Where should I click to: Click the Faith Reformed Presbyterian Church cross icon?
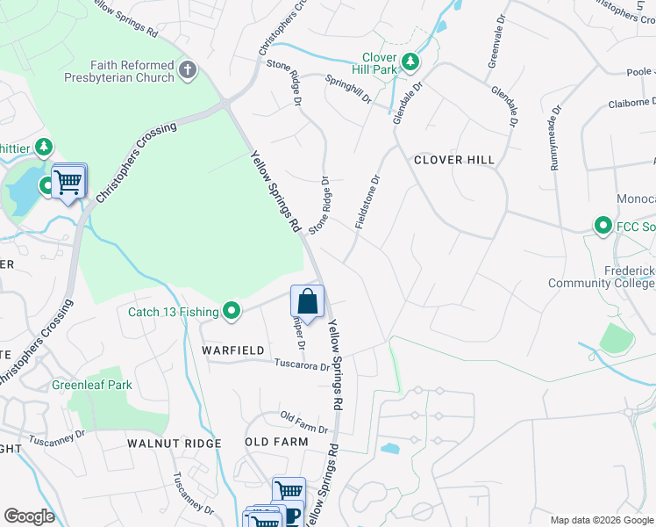click(187, 69)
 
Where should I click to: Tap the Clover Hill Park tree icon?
click(410, 62)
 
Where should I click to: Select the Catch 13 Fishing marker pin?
click(232, 310)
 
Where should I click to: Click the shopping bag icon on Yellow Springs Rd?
click(308, 302)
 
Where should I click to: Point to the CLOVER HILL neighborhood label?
click(454, 160)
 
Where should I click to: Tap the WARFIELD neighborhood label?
click(233, 350)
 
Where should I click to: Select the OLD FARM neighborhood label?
click(276, 441)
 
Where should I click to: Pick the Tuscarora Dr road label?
click(301, 365)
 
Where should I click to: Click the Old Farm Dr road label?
click(303, 422)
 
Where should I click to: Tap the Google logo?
click(29, 516)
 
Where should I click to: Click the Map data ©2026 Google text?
click(601, 520)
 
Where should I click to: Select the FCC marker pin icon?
click(603, 227)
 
